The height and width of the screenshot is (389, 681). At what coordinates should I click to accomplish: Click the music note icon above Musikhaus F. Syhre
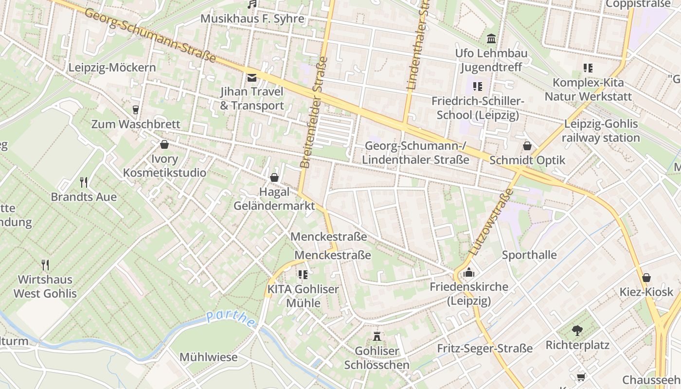click(251, 4)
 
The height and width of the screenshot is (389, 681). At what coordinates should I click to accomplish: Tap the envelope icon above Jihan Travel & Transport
click(252, 77)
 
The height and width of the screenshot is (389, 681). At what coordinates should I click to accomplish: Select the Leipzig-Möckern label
click(112, 68)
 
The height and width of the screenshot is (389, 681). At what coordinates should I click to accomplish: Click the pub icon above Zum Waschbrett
click(136, 110)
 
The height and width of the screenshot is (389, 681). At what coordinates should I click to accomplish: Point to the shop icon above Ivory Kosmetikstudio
click(164, 144)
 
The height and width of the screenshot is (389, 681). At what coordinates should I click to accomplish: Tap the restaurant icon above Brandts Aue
click(84, 182)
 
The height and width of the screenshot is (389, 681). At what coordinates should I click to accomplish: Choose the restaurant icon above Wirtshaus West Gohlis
click(45, 265)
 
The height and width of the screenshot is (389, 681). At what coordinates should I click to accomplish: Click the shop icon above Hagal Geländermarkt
click(274, 177)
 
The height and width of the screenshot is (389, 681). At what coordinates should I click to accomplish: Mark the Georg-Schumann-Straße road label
click(151, 35)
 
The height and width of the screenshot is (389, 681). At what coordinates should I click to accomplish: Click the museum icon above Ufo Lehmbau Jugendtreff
click(491, 38)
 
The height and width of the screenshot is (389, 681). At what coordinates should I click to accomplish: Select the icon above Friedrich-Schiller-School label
click(478, 87)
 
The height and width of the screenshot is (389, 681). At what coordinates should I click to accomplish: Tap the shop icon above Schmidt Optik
click(527, 145)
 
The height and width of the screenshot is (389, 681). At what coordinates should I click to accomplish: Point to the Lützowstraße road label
click(492, 222)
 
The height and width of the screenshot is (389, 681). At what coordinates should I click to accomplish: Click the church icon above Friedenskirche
click(469, 272)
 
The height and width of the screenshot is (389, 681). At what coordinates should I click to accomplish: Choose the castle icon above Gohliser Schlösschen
click(376, 336)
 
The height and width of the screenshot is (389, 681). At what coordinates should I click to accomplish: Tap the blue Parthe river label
click(230, 318)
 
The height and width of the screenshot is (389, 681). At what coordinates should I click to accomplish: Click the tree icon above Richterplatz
click(577, 331)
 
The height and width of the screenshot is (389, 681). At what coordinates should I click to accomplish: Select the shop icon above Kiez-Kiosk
click(646, 278)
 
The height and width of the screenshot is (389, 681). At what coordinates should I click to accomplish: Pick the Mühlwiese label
click(209, 357)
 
